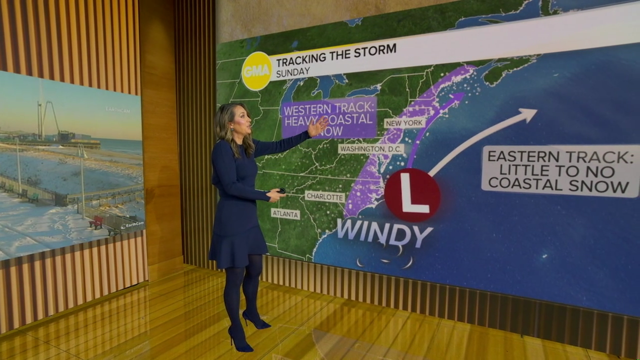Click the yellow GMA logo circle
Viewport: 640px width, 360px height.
(x=256, y=71)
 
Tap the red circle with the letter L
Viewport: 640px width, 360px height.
(x=412, y=195)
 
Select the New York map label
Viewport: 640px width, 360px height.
(x=404, y=123)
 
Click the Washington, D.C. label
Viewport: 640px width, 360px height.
(x=370, y=148)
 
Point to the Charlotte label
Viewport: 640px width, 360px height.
(x=324, y=196)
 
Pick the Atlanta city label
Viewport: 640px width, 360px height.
(x=285, y=213)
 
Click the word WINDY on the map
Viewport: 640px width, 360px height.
(x=384, y=232)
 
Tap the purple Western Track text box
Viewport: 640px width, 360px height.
(x=328, y=118)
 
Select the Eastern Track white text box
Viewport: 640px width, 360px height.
(x=560, y=170)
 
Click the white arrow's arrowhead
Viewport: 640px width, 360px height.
(x=527, y=114)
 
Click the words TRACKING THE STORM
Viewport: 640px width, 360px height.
(x=336, y=54)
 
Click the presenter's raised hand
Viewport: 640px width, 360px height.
(x=318, y=127)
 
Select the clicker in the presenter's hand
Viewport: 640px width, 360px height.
(x=281, y=190)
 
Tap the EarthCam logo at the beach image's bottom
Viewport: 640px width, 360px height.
(x=131, y=225)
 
